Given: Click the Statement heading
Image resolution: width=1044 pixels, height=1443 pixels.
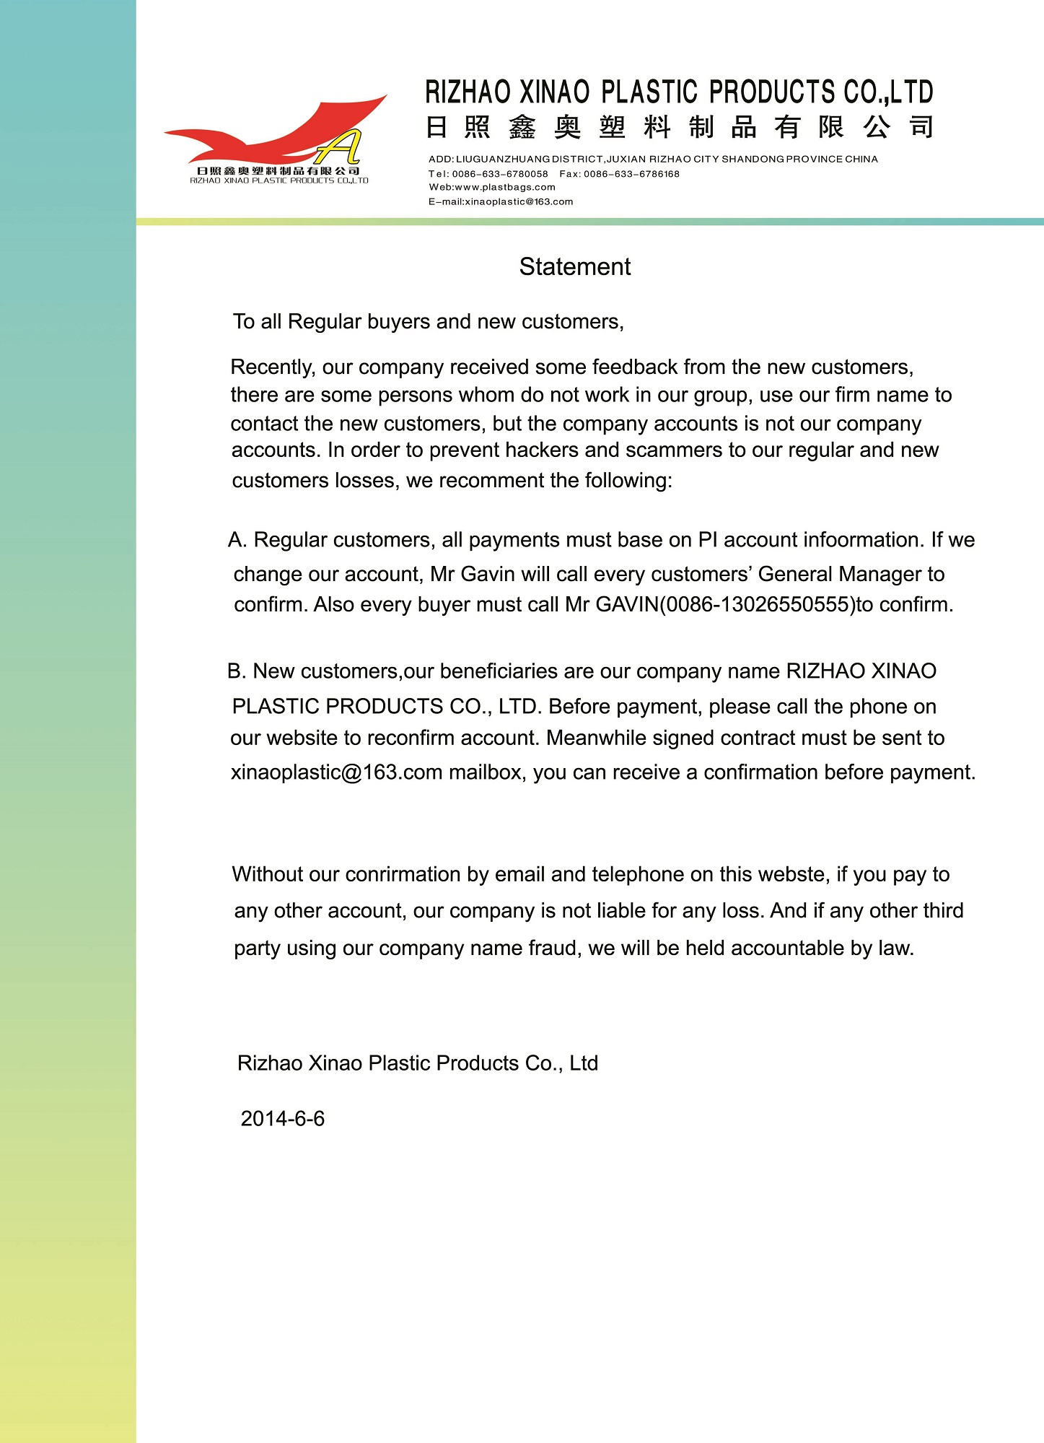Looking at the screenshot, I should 575,267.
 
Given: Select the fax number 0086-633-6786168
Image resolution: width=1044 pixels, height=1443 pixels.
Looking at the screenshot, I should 631,174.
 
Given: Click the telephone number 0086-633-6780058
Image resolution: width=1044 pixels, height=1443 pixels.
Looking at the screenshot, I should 500,174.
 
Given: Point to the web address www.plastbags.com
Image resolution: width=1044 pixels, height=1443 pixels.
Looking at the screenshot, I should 505,188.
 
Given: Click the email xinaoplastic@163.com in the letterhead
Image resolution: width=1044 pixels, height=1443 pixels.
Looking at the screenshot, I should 519,202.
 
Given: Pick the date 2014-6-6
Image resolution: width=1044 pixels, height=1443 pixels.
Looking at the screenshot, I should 282,1119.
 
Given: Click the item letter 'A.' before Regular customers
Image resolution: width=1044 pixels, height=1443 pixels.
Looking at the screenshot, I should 237,540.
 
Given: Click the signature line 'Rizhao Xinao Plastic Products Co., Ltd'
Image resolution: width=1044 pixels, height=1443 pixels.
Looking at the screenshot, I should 418,1063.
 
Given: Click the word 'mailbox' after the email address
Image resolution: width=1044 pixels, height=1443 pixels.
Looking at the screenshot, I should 487,772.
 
